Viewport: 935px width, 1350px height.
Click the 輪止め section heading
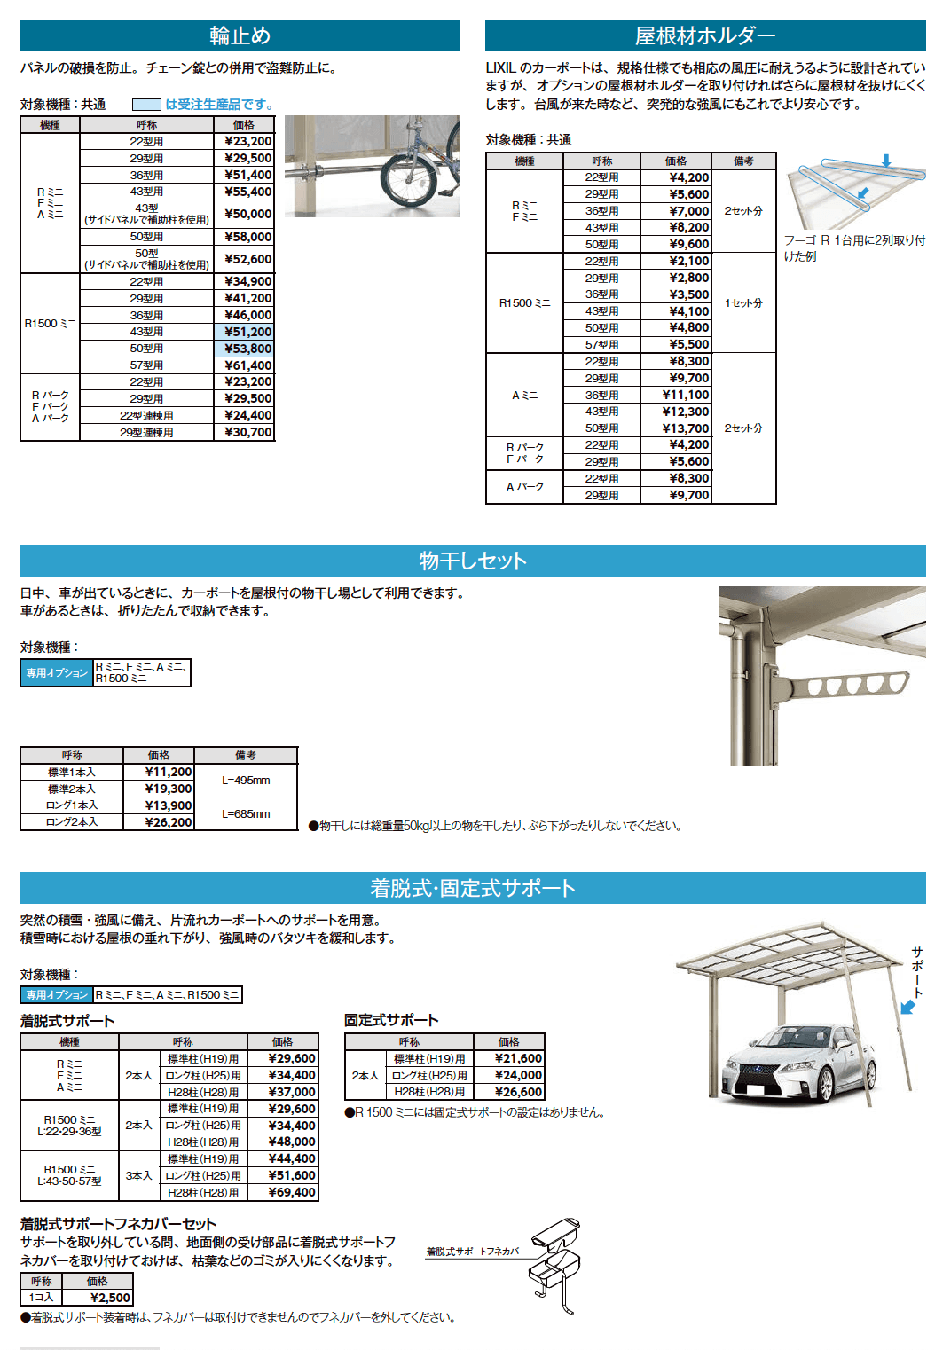pos(240,35)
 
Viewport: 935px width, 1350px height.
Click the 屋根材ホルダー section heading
pos(705,35)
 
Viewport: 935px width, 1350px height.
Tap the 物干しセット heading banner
pos(473,561)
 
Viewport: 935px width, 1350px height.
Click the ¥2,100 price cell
pos(688,262)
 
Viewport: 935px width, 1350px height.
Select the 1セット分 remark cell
pos(743,303)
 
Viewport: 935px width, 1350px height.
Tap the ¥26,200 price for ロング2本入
pos(169,822)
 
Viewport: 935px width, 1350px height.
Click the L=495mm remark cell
pos(246,781)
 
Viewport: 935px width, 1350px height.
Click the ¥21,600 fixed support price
pos(518,1059)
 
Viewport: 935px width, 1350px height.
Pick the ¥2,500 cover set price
pos(110,1298)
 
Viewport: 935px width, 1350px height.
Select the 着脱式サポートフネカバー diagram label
pos(476,1252)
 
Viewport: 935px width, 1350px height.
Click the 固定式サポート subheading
pos(391,1021)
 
